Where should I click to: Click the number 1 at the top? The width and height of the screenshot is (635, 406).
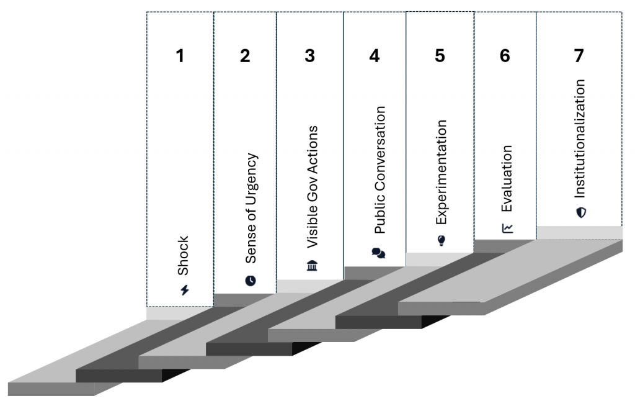point(180,56)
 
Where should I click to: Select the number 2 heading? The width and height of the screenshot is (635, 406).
point(245,56)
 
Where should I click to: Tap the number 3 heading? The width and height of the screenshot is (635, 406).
point(310,56)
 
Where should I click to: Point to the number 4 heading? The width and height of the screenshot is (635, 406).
point(375,56)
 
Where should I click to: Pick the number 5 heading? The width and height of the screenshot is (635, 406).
point(440,56)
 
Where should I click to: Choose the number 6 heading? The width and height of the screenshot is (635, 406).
point(505,56)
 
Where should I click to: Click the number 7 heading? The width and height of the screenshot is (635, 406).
point(579,56)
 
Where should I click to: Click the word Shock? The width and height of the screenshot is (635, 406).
point(183,256)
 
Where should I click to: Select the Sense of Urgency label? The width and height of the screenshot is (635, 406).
point(251,208)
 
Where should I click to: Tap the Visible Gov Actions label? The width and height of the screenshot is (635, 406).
point(313,187)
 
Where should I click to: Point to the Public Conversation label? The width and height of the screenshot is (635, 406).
point(380,170)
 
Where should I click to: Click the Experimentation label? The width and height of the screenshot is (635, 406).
point(441,172)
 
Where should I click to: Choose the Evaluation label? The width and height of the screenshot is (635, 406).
point(507,178)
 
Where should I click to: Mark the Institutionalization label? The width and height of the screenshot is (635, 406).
point(580,138)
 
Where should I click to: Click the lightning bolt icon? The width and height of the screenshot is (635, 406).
point(185,290)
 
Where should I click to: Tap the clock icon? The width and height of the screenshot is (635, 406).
point(251,281)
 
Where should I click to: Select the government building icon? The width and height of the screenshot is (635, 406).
point(313,266)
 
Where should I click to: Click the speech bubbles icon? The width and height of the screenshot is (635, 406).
point(379,253)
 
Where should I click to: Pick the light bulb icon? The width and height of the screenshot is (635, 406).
point(442,240)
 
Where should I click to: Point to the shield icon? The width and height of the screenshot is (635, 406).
point(581,212)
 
